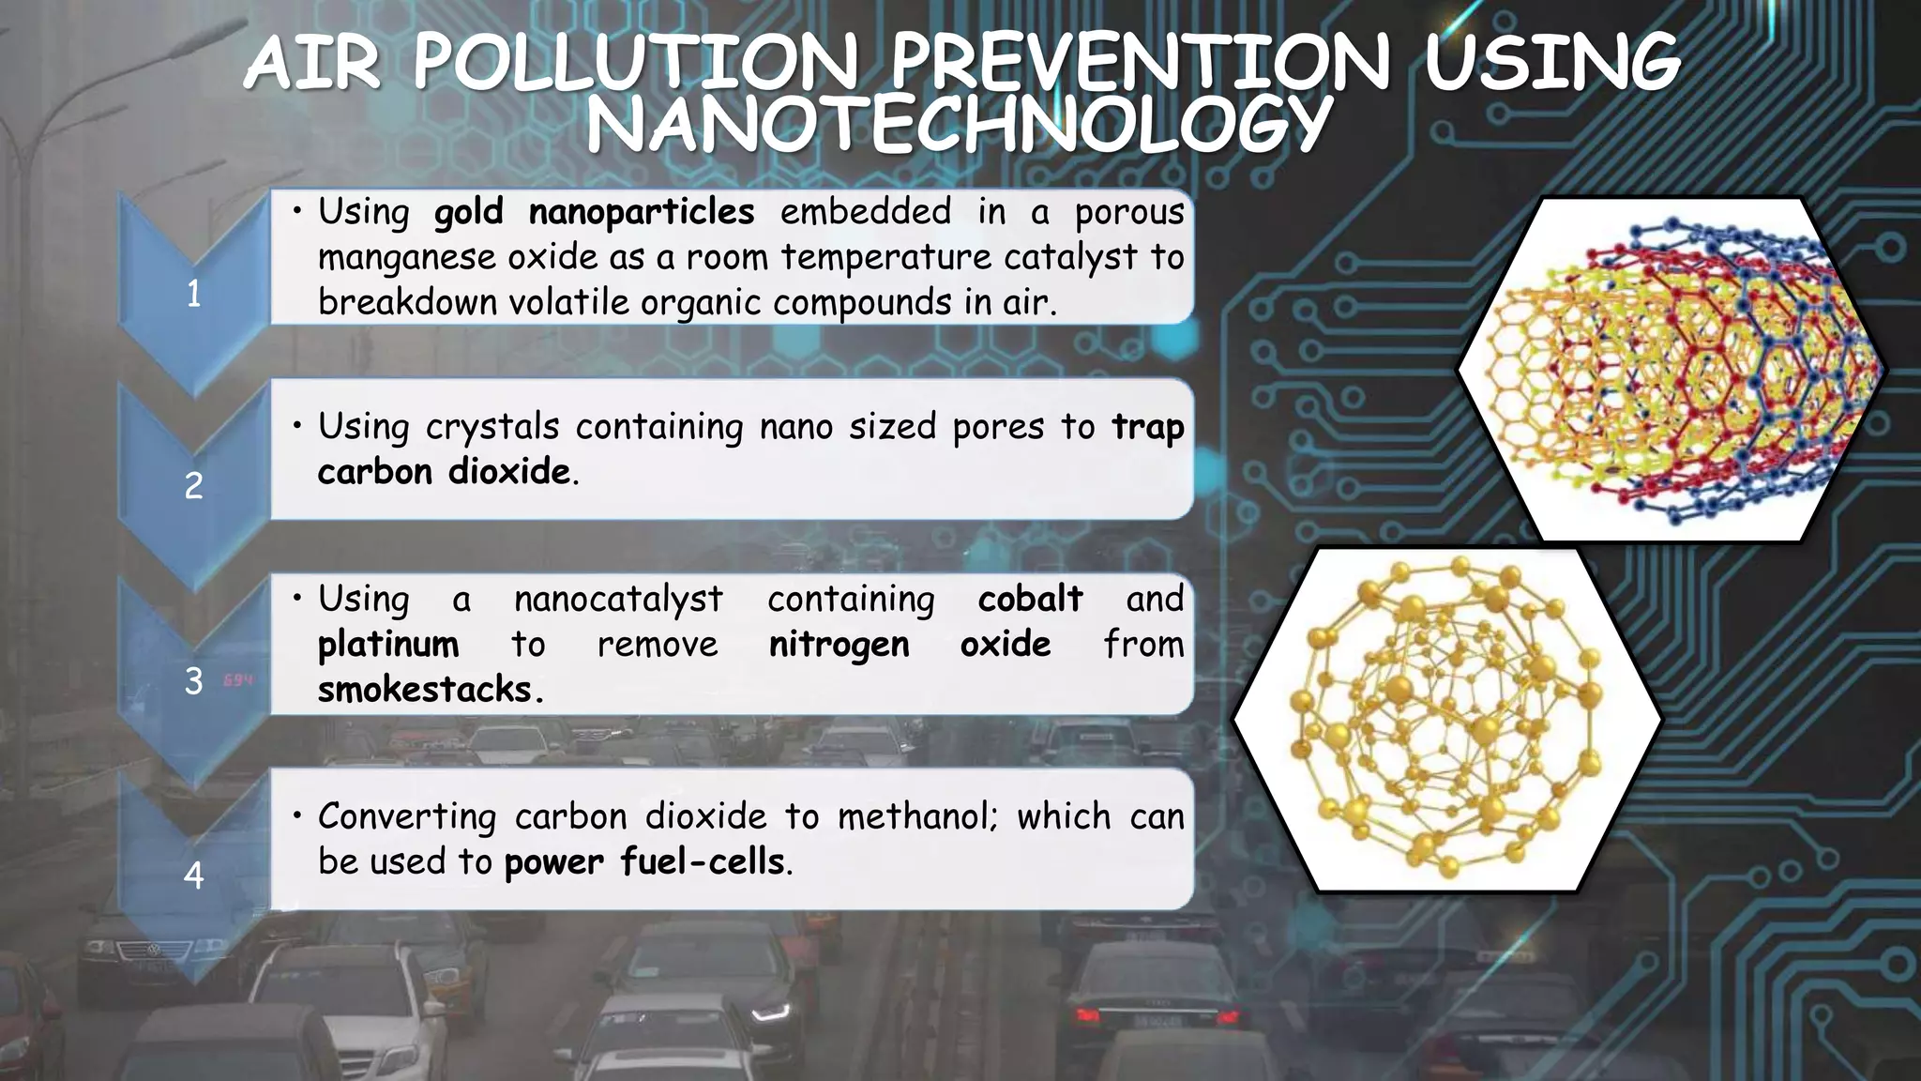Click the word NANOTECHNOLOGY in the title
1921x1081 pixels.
pyautogui.click(x=959, y=124)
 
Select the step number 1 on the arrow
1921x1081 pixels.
pyautogui.click(x=193, y=295)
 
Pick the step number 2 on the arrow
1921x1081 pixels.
pyautogui.click(x=193, y=486)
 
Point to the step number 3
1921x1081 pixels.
pyautogui.click(x=193, y=681)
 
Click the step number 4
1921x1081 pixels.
pyautogui.click(x=193, y=875)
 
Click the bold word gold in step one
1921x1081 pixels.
pyautogui.click(x=468, y=213)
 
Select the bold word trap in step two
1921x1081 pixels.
pyautogui.click(x=1147, y=428)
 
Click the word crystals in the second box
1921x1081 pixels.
pyautogui.click(x=492, y=428)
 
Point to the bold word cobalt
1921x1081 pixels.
pyautogui.click(x=1030, y=599)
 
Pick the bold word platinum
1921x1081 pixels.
pyautogui.click(x=388, y=646)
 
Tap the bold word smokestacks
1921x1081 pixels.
pyautogui.click(x=425, y=690)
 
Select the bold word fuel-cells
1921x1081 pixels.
pyautogui.click(x=703, y=862)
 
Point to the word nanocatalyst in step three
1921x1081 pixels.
pyautogui.click(x=618, y=600)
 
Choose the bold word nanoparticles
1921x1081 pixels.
pyautogui.click(x=642, y=213)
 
